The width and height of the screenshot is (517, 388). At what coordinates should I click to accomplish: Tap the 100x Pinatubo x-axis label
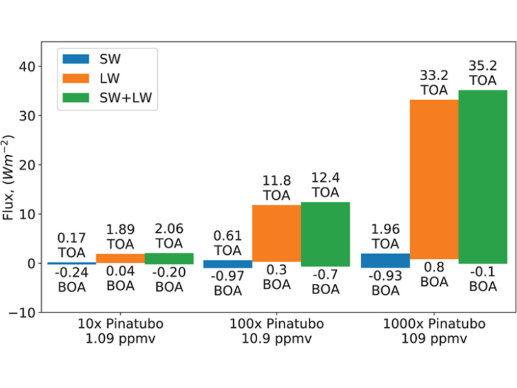277,330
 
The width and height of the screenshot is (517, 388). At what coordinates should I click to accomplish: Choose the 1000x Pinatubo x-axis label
434,330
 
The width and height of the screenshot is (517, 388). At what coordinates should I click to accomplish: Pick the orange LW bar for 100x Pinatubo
277,233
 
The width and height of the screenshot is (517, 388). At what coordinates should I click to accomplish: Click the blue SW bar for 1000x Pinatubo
385,261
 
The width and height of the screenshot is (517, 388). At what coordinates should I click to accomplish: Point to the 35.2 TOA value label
483,72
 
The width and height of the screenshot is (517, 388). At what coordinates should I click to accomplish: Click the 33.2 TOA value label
434,82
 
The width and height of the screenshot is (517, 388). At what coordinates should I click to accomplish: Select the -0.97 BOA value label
227,283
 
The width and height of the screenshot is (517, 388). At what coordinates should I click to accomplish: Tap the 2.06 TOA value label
169,235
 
